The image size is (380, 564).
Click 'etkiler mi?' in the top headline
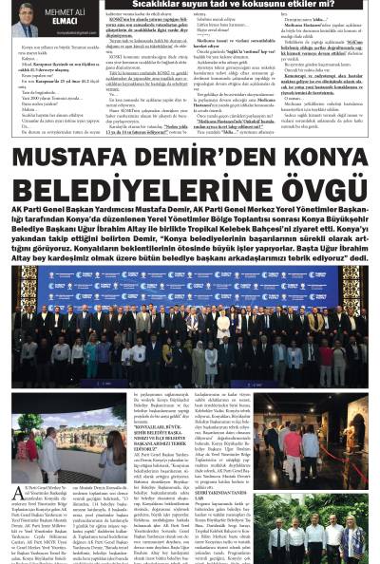(x=337, y=5)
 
